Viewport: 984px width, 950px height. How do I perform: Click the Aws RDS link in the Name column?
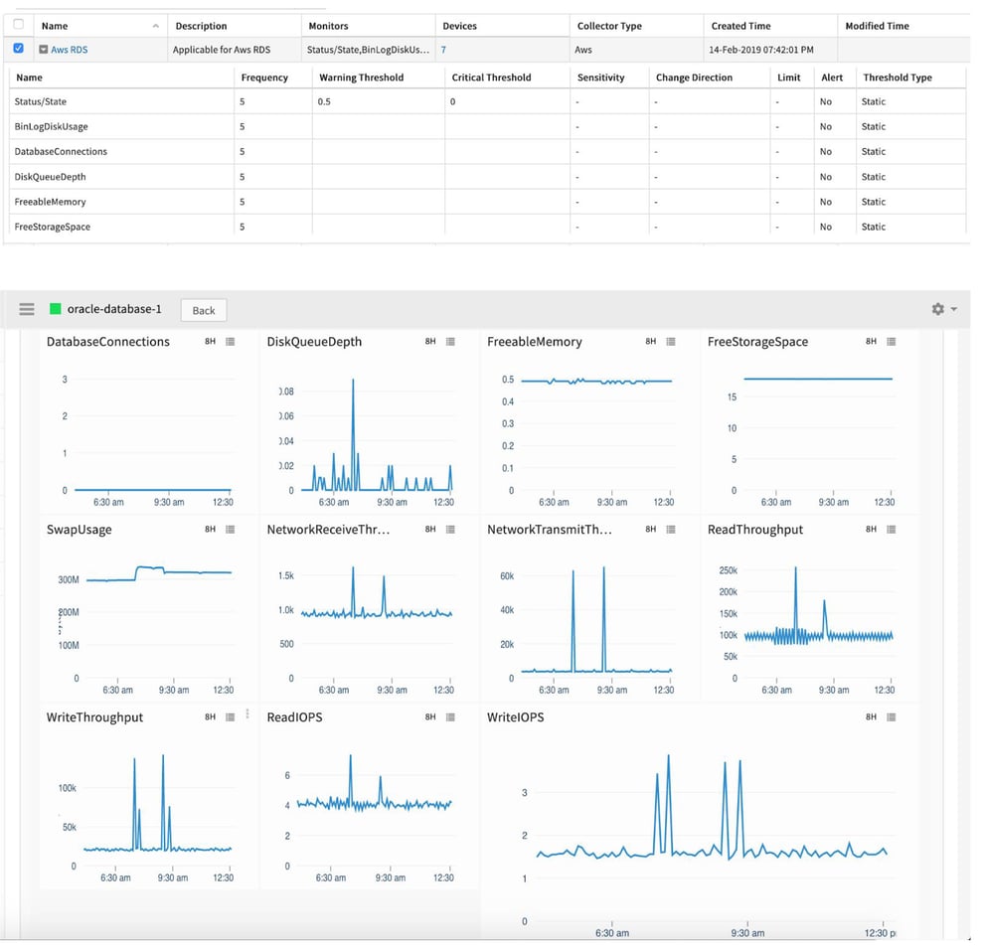pos(69,49)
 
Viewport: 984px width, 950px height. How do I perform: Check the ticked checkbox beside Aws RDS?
pos(19,48)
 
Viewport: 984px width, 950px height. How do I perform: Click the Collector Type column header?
pos(609,26)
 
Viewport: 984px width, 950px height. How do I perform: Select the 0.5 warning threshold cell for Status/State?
pos(325,101)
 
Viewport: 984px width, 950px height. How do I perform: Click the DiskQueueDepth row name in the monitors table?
pos(50,177)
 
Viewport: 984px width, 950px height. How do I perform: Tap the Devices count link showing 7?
pos(443,49)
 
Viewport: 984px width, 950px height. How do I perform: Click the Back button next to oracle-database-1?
pos(204,310)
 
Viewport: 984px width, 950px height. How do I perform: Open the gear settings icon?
pos(937,309)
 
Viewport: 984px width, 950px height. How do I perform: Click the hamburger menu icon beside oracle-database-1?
pos(27,309)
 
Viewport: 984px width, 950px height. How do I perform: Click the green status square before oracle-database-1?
pos(56,309)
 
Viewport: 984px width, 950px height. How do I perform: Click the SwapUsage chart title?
pos(80,530)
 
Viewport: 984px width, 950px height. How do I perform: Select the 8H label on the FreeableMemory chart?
pos(650,341)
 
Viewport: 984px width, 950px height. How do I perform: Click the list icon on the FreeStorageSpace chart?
pos(892,341)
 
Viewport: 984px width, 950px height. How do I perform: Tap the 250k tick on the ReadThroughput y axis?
pos(728,570)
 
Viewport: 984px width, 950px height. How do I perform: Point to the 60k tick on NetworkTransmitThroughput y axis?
pos(506,576)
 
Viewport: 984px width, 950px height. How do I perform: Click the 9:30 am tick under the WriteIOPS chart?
pos(747,933)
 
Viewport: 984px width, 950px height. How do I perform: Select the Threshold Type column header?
pos(897,78)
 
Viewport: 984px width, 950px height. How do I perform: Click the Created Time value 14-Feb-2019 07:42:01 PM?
pos(761,49)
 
